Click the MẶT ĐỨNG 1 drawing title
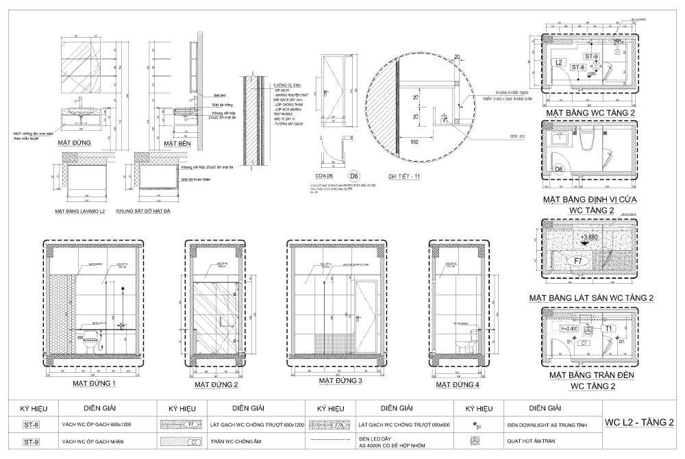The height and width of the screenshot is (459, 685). pyautogui.click(x=95, y=384)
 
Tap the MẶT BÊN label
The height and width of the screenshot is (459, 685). pyautogui.click(x=176, y=142)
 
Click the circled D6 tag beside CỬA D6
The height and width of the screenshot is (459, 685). pyautogui.click(x=353, y=175)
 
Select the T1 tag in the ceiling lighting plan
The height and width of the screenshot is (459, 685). pyautogui.click(x=607, y=329)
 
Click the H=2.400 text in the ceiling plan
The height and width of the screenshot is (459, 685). pyautogui.click(x=570, y=329)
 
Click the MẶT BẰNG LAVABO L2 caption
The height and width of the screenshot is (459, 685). pyautogui.click(x=82, y=211)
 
